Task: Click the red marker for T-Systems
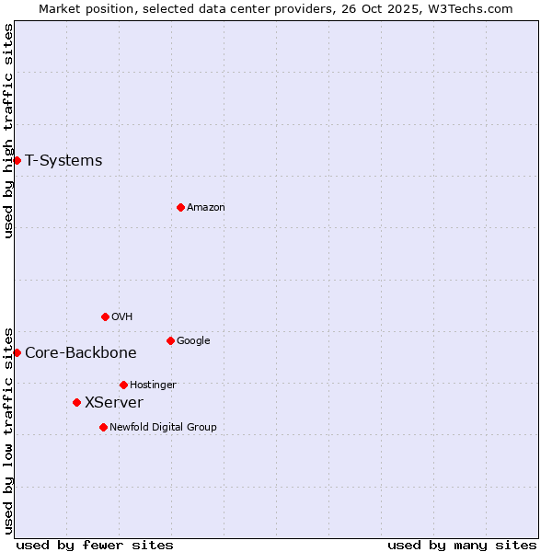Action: click(17, 160)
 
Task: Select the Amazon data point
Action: click(180, 207)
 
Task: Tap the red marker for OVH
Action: click(105, 316)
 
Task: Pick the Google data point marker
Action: click(170, 340)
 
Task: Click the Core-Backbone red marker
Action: click(17, 352)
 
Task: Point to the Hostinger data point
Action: click(123, 385)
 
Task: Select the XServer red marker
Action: click(76, 402)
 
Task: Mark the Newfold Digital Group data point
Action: click(103, 427)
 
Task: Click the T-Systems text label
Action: click(63, 161)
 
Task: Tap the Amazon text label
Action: click(206, 208)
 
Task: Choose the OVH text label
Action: click(122, 317)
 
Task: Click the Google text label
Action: click(193, 341)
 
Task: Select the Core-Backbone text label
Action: click(81, 353)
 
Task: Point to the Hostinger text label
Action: click(153, 385)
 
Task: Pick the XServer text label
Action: click(114, 403)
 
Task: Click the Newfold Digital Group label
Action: click(163, 428)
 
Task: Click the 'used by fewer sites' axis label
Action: click(95, 545)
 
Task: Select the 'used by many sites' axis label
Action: click(462, 545)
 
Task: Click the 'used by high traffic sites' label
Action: click(9, 131)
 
